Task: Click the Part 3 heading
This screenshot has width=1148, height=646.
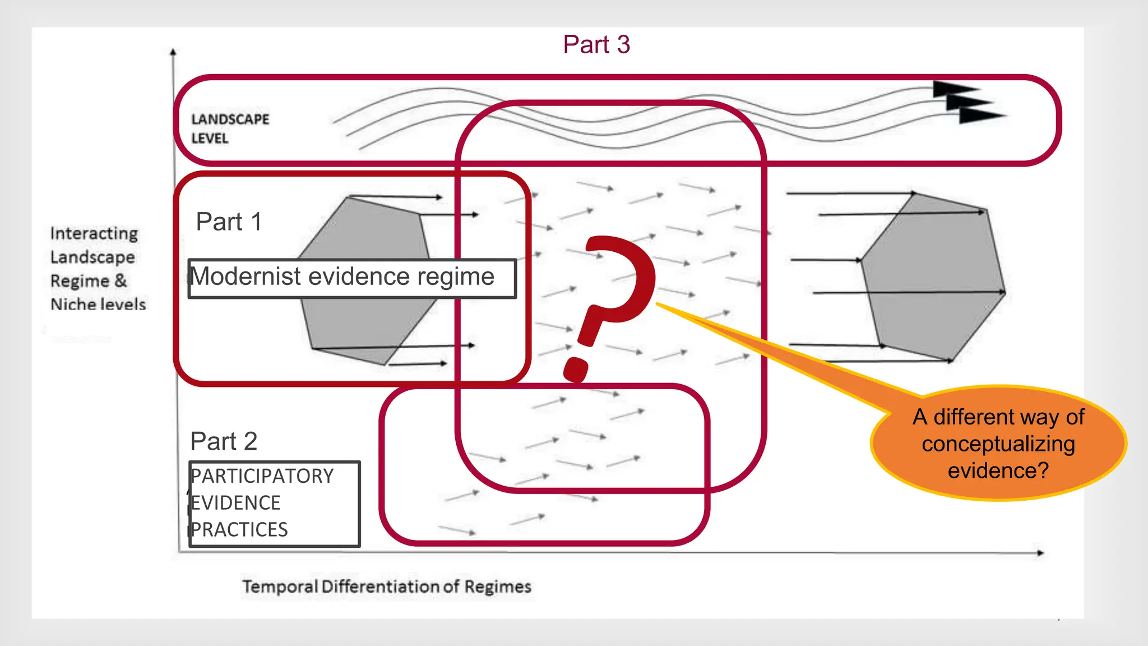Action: (596, 45)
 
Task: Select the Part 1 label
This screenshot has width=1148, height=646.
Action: (229, 222)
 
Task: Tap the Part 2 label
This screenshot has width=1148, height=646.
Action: (224, 442)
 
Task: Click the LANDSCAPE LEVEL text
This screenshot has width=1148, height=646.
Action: (230, 128)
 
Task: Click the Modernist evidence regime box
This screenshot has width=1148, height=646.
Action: (351, 278)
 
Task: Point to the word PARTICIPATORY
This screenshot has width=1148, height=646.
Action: (262, 476)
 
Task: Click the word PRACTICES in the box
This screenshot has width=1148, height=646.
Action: (239, 530)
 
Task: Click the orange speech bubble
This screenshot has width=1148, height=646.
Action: (998, 443)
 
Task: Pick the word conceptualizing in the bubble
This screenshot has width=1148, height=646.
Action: (998, 444)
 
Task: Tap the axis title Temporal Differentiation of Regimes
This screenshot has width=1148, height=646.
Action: (387, 587)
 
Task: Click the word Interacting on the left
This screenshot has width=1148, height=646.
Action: (94, 233)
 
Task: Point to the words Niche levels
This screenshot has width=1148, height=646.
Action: (98, 304)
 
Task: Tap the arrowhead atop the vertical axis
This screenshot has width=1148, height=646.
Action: (173, 52)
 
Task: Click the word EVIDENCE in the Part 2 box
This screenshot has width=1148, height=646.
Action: (235, 503)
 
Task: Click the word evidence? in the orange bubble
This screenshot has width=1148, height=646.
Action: (998, 470)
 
